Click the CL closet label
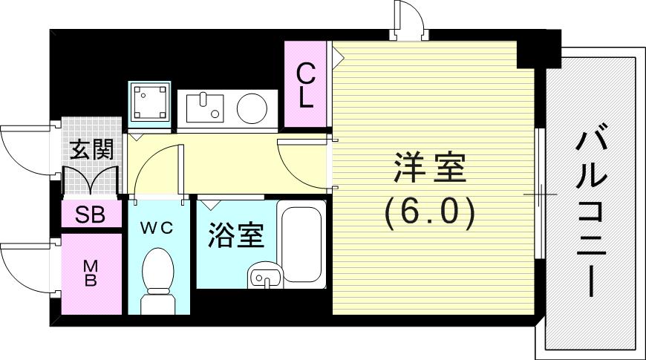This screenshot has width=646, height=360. (x=304, y=85)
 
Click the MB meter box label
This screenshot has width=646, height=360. (x=91, y=273)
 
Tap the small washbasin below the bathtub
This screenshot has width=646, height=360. (x=265, y=276)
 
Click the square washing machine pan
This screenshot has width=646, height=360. (x=151, y=101)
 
